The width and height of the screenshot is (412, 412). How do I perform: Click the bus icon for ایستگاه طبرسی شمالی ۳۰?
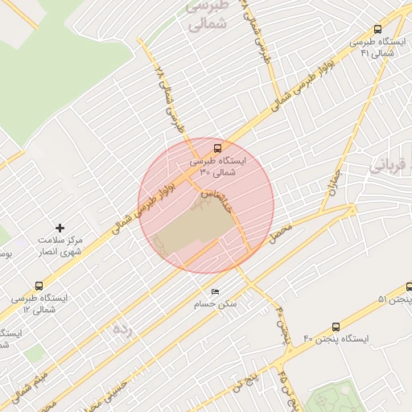218,146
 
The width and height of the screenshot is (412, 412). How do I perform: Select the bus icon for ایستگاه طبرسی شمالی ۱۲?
39,286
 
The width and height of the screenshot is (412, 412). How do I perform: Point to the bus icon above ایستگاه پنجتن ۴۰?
336,327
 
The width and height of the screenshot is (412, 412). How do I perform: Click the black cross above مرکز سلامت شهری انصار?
60,229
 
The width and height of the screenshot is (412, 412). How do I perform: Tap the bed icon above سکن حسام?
214,292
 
